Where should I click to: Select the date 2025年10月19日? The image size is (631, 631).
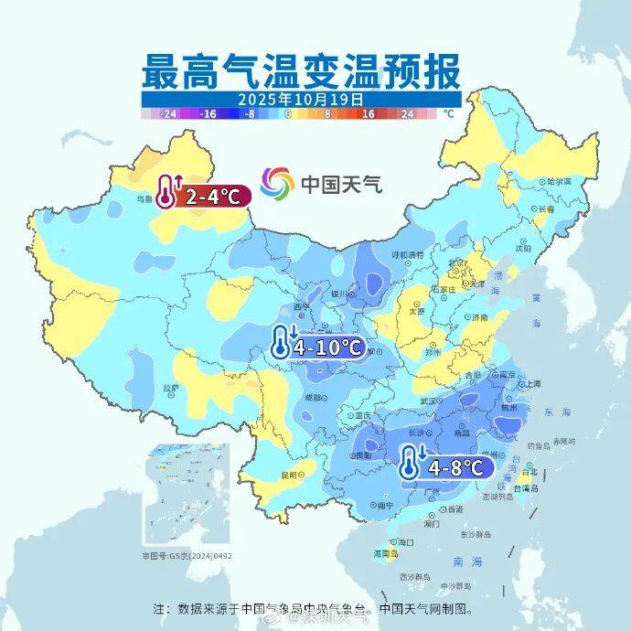(301, 99)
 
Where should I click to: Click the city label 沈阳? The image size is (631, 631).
(522, 248)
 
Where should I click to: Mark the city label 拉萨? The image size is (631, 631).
(171, 388)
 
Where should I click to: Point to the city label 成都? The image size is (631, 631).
(314, 398)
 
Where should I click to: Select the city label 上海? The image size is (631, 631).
(531, 384)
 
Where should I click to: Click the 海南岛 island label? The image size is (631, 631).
(387, 553)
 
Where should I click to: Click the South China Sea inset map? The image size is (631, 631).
(187, 495)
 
